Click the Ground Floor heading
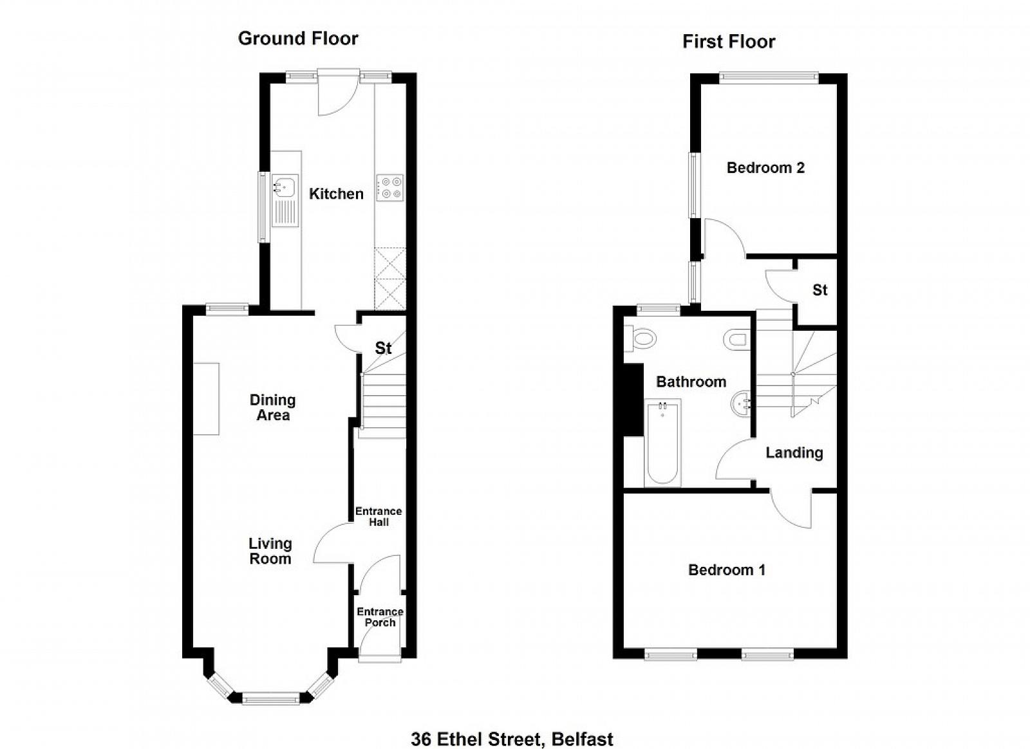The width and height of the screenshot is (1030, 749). [298, 39]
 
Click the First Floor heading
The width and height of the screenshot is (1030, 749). [729, 42]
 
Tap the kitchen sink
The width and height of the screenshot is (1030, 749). [285, 201]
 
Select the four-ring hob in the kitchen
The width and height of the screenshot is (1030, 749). [390, 187]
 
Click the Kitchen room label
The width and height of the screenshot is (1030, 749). [336, 194]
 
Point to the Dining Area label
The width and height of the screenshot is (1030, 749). [273, 407]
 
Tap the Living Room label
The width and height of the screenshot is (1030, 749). [270, 551]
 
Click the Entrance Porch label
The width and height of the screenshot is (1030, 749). [380, 617]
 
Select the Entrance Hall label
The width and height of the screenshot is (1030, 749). [379, 517]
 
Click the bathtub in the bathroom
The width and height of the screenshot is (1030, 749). [662, 443]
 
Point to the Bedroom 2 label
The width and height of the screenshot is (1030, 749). [765, 168]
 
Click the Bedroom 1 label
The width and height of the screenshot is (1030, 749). [727, 570]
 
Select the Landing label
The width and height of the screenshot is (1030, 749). [794, 452]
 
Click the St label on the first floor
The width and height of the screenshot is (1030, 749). [820, 290]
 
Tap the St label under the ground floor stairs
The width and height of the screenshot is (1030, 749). [383, 348]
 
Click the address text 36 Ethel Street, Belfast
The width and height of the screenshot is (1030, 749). [512, 726]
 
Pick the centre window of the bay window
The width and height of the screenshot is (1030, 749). [270, 700]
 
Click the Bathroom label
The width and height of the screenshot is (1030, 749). [691, 382]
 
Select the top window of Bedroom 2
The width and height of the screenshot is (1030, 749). [769, 78]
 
